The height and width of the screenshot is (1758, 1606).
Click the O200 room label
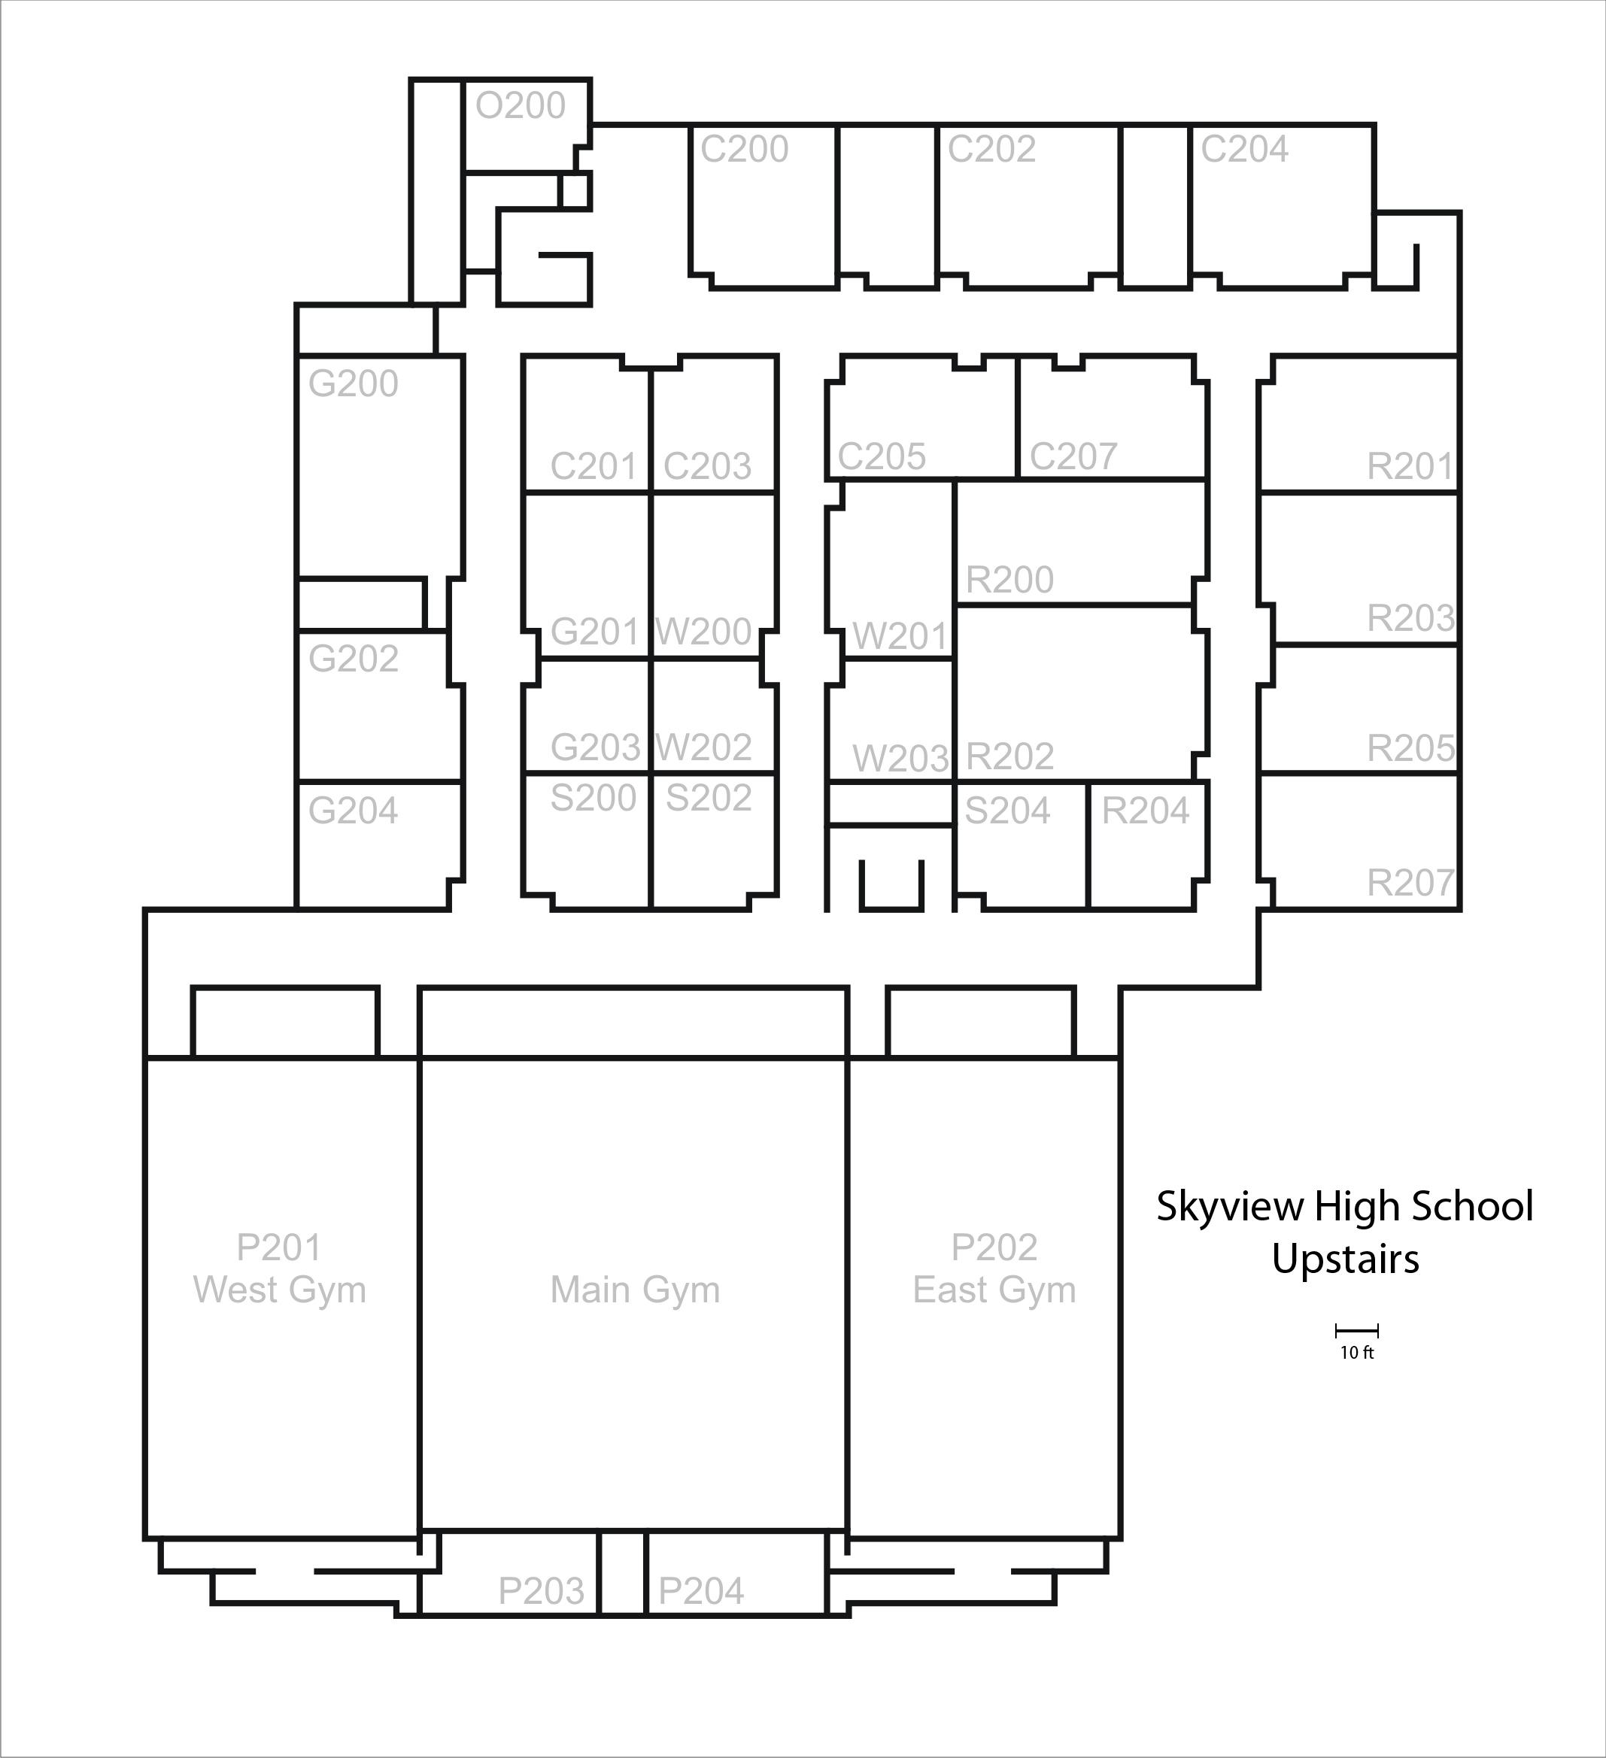tap(520, 105)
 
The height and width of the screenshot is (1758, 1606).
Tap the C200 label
tap(744, 149)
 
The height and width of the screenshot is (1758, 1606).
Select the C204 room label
tap(1244, 149)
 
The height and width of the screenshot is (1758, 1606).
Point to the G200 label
tap(354, 383)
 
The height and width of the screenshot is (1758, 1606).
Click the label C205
tap(881, 456)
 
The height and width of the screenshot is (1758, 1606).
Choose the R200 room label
tap(1009, 580)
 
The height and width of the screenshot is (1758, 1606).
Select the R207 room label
tap(1410, 883)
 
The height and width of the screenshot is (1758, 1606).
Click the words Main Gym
tap(635, 1290)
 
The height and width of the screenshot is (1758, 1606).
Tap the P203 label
tap(541, 1591)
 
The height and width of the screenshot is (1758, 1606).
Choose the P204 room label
tap(700, 1591)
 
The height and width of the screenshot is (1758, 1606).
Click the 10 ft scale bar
tap(1356, 1331)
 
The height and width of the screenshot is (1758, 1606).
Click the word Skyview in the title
tap(1231, 1208)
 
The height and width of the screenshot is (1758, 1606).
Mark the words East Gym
tap(994, 1290)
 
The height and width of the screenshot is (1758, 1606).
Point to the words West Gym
tap(279, 1290)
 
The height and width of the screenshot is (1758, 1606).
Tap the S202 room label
tap(709, 798)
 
